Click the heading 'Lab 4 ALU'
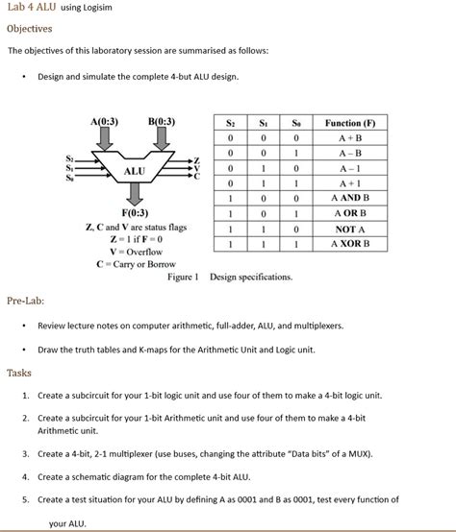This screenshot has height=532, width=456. point(31,9)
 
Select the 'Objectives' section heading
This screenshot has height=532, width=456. point(29,29)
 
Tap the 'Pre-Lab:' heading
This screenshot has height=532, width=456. point(26,301)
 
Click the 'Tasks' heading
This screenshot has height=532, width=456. point(19,373)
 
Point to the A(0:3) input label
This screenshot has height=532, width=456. point(104,122)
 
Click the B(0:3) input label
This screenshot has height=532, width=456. point(162,122)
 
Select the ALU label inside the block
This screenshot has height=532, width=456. point(134,172)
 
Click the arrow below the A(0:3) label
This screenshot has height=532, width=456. point(104,139)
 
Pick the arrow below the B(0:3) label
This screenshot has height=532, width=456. point(162,139)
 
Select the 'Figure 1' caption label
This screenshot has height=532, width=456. point(183,278)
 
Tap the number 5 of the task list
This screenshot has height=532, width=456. point(25,500)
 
